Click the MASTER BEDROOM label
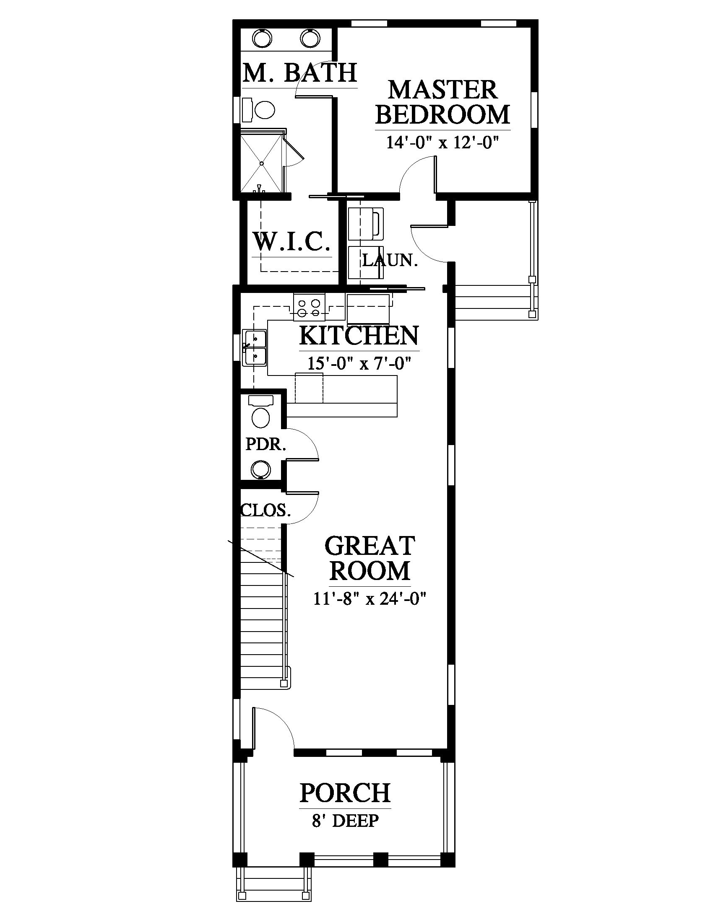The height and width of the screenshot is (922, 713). pos(442,102)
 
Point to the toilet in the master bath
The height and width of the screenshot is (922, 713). pos(259,110)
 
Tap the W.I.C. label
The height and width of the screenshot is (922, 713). pos(291,241)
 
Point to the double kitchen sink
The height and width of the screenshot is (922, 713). pos(255,347)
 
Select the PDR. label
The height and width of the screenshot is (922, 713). pos(265,444)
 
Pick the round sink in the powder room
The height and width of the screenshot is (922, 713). pos(260,469)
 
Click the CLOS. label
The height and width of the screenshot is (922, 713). pos(265,510)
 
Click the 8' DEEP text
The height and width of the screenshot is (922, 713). pos(345,821)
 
